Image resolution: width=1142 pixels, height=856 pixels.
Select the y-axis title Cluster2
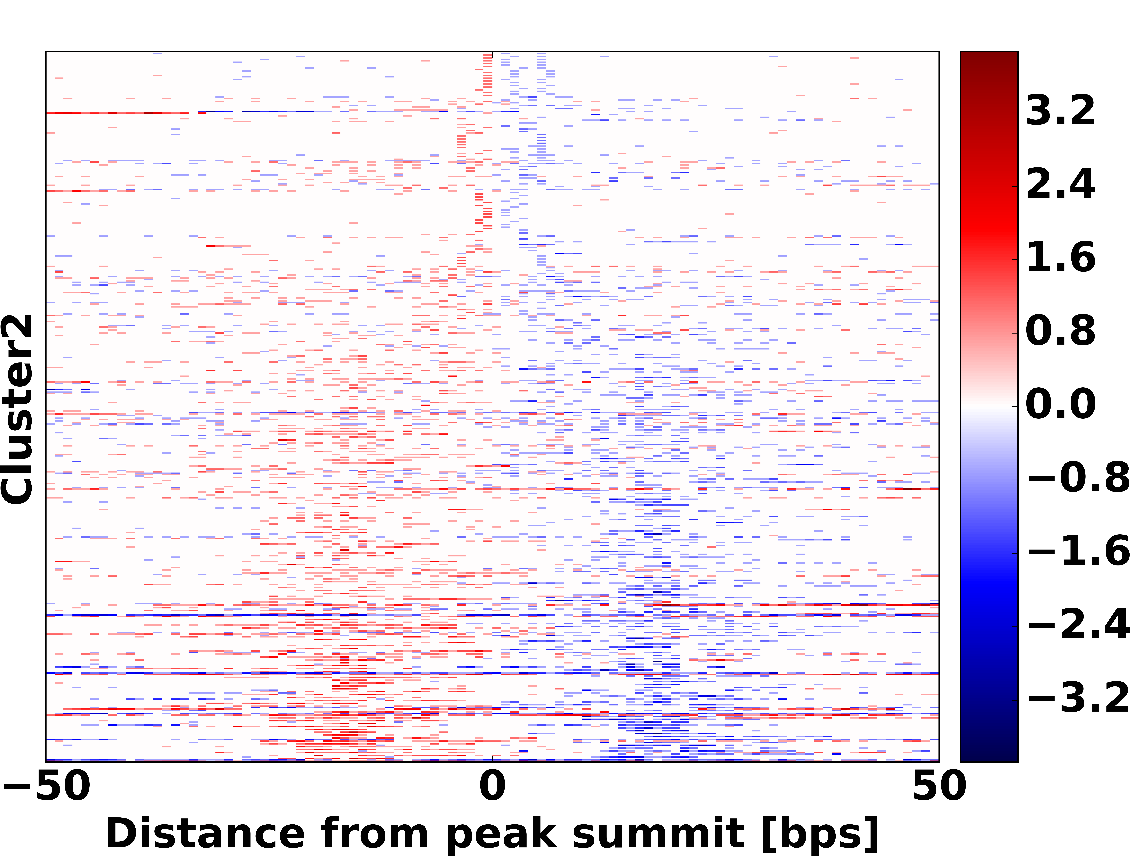tap(17, 409)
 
